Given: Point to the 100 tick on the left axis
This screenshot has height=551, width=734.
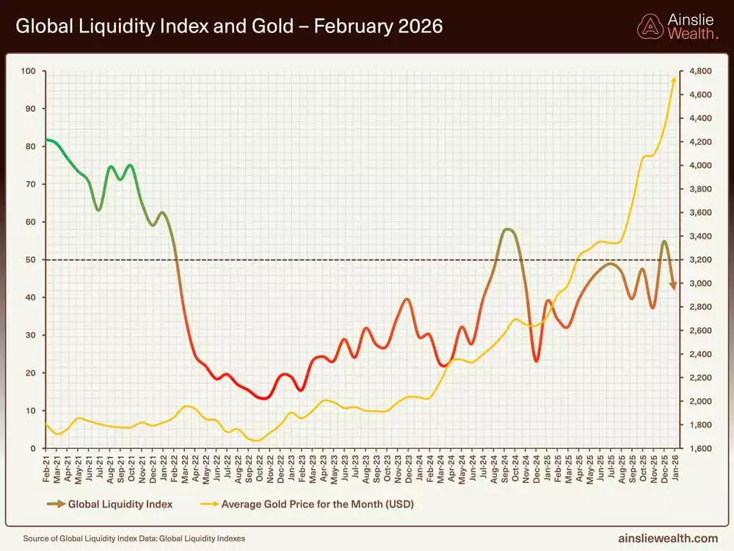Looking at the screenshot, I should [x=29, y=71].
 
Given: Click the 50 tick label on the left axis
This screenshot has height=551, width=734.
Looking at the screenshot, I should [x=31, y=259].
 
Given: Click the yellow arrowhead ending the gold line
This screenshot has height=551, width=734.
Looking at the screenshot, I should [x=674, y=79].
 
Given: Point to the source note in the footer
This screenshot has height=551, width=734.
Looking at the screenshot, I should [x=134, y=539].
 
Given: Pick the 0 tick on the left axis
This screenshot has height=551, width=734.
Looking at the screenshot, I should [x=33, y=448].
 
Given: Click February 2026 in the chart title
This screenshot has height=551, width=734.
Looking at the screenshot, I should [x=379, y=27].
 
